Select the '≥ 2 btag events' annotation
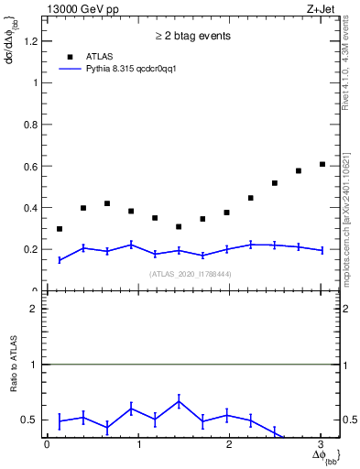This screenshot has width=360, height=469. (192, 37)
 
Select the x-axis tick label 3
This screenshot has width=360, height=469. (321, 444)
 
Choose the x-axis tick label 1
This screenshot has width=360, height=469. (138, 444)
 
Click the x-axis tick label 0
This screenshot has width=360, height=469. (47, 444)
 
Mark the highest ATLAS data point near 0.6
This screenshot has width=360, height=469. (322, 164)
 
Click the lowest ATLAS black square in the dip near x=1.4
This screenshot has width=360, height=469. (179, 226)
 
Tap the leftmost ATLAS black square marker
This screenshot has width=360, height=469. (60, 229)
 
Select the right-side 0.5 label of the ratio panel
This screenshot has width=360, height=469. (349, 420)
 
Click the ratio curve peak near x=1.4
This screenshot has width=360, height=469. (179, 400)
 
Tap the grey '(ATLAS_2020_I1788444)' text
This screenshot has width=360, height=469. (192, 274)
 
